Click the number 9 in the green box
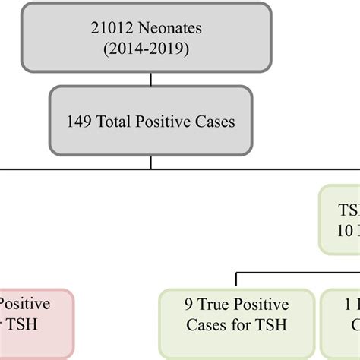click(188, 305)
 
